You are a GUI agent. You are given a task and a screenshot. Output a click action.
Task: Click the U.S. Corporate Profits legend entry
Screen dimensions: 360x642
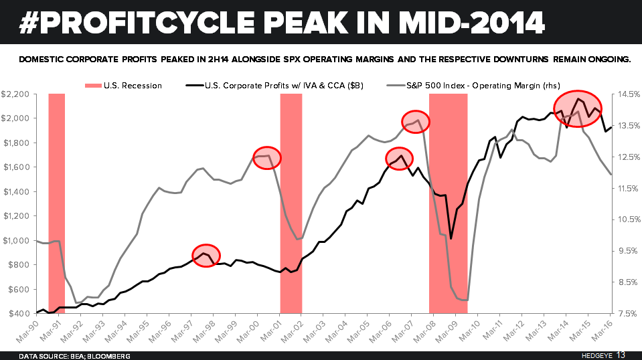click(275, 85)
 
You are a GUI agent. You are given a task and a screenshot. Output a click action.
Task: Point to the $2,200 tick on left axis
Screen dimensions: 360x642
click(15, 94)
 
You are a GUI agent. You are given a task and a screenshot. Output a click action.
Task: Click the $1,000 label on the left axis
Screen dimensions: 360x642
click(15, 240)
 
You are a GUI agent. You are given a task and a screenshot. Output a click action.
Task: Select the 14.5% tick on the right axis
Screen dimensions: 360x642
click(627, 94)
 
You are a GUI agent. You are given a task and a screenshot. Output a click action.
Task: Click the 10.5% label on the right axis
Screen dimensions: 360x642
click(627, 219)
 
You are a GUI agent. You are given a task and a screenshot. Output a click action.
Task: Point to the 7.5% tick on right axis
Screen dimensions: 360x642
click(628, 313)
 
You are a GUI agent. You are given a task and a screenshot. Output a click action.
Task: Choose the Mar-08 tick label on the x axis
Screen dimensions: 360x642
click(423, 329)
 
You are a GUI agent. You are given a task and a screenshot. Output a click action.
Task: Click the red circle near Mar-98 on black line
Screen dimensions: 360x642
click(206, 255)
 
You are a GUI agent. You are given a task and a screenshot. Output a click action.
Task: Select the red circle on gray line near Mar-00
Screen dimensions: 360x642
click(267, 157)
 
